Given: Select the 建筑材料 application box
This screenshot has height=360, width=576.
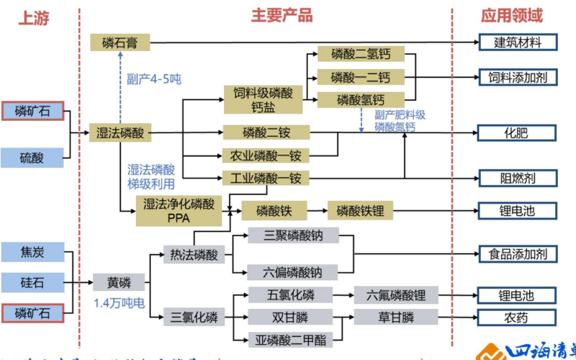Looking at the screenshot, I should [517, 42].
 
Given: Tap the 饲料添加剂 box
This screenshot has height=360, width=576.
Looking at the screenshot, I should [517, 76].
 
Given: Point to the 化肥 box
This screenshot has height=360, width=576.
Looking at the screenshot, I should [517, 132].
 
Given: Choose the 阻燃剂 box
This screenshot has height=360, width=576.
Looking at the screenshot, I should [517, 177].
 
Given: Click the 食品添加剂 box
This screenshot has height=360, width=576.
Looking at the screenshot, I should [517, 253].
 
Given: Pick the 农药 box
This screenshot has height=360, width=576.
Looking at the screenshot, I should [517, 317].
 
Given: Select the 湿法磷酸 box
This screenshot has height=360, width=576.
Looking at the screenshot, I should [121, 132].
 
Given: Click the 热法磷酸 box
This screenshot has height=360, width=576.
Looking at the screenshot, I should [192, 254].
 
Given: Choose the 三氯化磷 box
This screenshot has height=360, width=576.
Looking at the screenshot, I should [192, 317].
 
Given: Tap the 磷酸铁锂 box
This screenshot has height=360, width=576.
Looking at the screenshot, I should [361, 211].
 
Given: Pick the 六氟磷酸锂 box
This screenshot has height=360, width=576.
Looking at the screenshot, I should [396, 295].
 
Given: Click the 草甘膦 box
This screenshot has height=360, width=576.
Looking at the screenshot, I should [396, 317].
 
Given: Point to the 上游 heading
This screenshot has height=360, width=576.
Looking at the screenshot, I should [34, 18].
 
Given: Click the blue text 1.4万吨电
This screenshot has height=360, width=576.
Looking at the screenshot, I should [119, 302].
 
